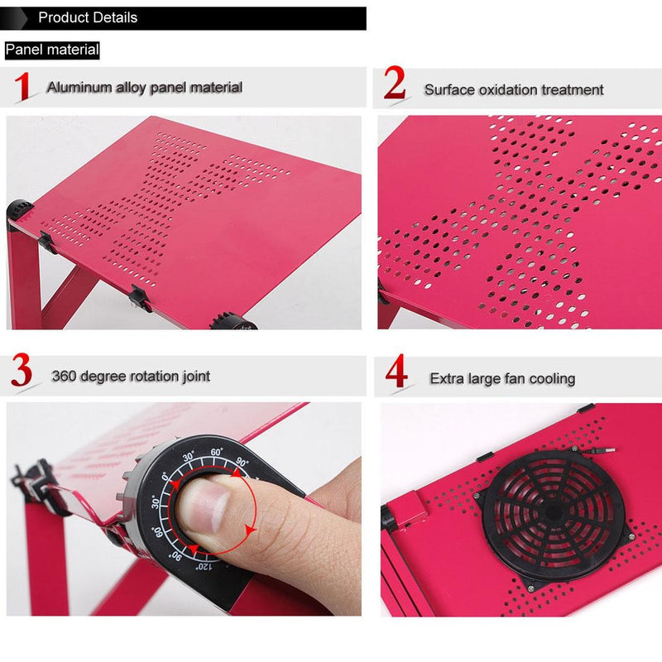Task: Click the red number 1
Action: (x=23, y=87)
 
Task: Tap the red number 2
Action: (x=395, y=85)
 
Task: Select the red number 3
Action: (x=22, y=373)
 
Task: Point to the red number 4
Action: (x=396, y=374)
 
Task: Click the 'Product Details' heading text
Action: (x=88, y=17)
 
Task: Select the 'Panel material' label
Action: (x=52, y=50)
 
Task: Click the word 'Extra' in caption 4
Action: (x=448, y=379)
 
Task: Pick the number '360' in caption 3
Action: (x=65, y=377)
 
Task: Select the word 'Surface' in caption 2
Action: (x=450, y=89)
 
